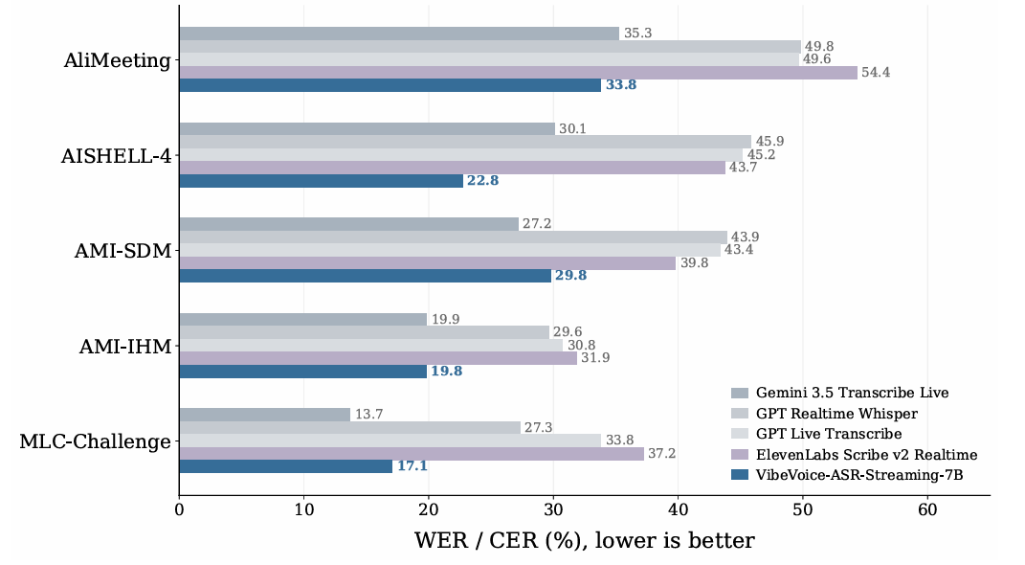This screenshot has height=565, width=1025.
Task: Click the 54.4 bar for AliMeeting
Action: coord(519,73)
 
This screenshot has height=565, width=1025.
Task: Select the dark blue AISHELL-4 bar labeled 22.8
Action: coord(322,180)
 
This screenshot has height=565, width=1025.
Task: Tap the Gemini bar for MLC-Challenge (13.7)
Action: coord(265,415)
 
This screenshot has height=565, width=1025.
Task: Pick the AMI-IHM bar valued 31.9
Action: coord(378,358)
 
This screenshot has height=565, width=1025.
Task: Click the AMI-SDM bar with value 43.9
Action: coord(454,237)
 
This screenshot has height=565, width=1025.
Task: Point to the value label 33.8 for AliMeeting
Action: coord(621,85)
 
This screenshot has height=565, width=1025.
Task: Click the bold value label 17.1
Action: coord(412,466)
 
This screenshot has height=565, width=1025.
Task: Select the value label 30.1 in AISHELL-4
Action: coord(572,129)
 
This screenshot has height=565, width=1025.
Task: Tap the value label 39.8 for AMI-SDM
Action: coord(694,263)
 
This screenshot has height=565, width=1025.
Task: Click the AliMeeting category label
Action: coord(118,61)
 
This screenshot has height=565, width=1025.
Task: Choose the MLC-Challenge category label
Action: coord(96,441)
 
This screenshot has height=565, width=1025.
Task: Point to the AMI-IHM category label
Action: coord(125,347)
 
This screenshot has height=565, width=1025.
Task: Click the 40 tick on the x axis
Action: coord(679,510)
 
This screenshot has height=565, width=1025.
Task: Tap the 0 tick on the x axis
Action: coord(179,510)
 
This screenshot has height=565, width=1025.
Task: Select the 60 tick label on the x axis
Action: coord(927,510)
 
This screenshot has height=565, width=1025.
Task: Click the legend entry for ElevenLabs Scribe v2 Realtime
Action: coord(855,455)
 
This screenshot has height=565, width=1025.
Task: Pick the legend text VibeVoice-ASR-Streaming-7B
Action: coord(859,475)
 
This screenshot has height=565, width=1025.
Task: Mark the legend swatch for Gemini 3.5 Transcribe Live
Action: coord(740,393)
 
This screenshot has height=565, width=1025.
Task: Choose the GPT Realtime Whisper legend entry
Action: coord(824,414)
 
